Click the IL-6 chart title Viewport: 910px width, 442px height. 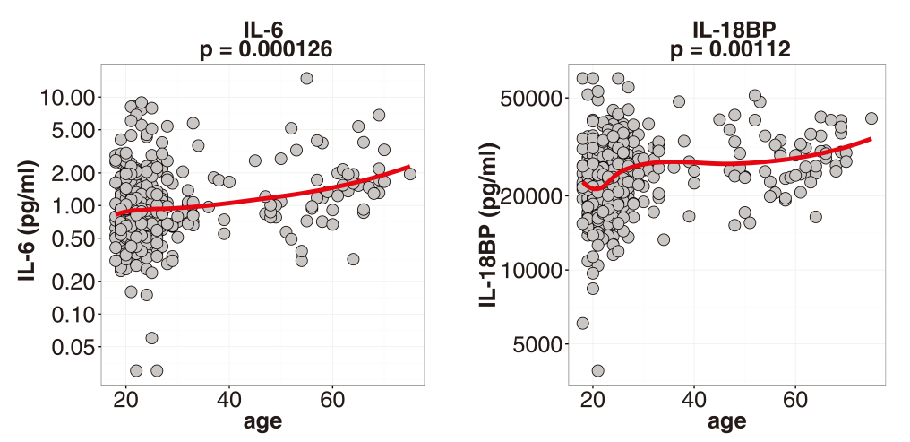[x=265, y=30]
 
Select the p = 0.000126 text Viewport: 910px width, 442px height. [x=265, y=50]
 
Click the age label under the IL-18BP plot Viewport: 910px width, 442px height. [x=726, y=422]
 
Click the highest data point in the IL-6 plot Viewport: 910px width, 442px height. [x=306, y=78]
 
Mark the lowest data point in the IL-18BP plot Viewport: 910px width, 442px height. [x=597, y=370]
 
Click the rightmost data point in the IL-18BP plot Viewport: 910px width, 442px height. [x=871, y=118]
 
